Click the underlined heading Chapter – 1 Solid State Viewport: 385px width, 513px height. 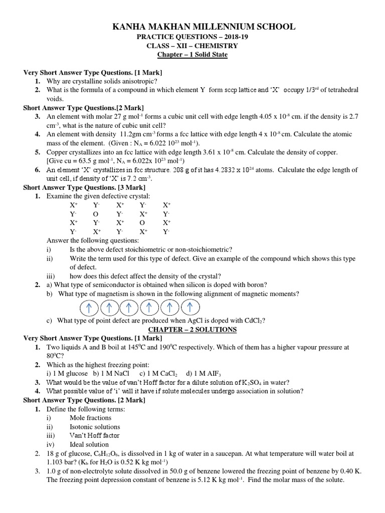coord(192,54)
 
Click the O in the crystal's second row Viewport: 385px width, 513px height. coord(96,214)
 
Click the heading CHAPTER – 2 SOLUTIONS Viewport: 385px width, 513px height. coord(192,329)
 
